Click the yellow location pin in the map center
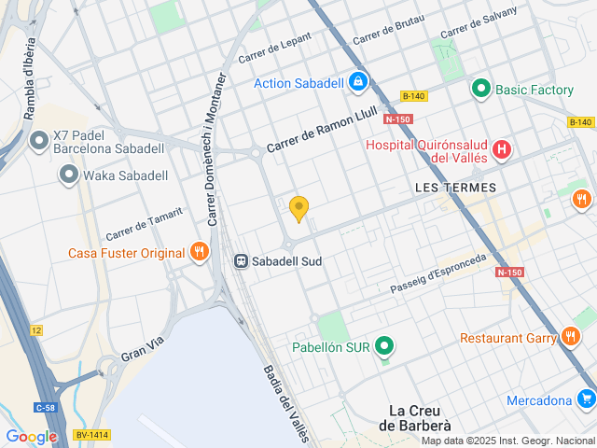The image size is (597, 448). pyautogui.click(x=298, y=208)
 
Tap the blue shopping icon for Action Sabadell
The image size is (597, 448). pyautogui.click(x=357, y=83)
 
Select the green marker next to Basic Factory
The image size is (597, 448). pyautogui.click(x=481, y=90)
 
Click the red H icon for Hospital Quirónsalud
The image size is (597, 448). pyautogui.click(x=502, y=148)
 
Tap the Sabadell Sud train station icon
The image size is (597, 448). pyautogui.click(x=241, y=261)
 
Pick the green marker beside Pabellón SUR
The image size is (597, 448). pyautogui.click(x=383, y=348)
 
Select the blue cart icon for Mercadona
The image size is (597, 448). pyautogui.click(x=586, y=400)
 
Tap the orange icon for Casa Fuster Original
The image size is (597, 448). pyautogui.click(x=199, y=252)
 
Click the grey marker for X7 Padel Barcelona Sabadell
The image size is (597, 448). pyautogui.click(x=39, y=141)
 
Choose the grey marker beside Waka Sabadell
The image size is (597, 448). pyautogui.click(x=68, y=175)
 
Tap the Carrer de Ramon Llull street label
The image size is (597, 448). pyautogui.click(x=322, y=131)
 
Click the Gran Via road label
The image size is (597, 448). pyautogui.click(x=142, y=349)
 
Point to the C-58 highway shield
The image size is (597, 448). pyautogui.click(x=45, y=407)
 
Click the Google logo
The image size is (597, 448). pyautogui.click(x=31, y=436)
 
